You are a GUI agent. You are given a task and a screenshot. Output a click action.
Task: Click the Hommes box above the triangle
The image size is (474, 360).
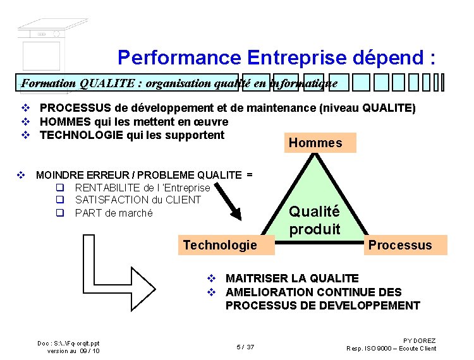[315, 143]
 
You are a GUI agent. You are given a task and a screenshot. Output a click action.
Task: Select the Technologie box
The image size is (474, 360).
[220, 245]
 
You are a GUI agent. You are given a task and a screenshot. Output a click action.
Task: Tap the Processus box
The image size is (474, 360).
[400, 245]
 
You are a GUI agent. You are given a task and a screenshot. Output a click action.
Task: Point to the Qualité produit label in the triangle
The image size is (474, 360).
[314, 220]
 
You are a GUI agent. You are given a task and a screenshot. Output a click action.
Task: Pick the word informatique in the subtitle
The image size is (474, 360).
[300, 83]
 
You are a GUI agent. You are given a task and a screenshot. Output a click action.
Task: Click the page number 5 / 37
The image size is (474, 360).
[245, 347]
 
